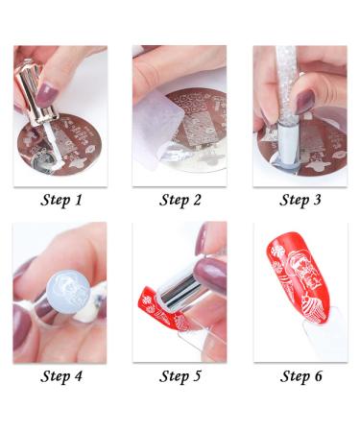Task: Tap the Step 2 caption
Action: [x=180, y=201]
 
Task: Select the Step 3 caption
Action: [x=300, y=201]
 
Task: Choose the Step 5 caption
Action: [x=180, y=375]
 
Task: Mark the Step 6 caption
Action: [x=300, y=375]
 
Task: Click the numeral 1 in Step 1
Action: [x=80, y=200]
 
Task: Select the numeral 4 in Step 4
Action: [x=80, y=375]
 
